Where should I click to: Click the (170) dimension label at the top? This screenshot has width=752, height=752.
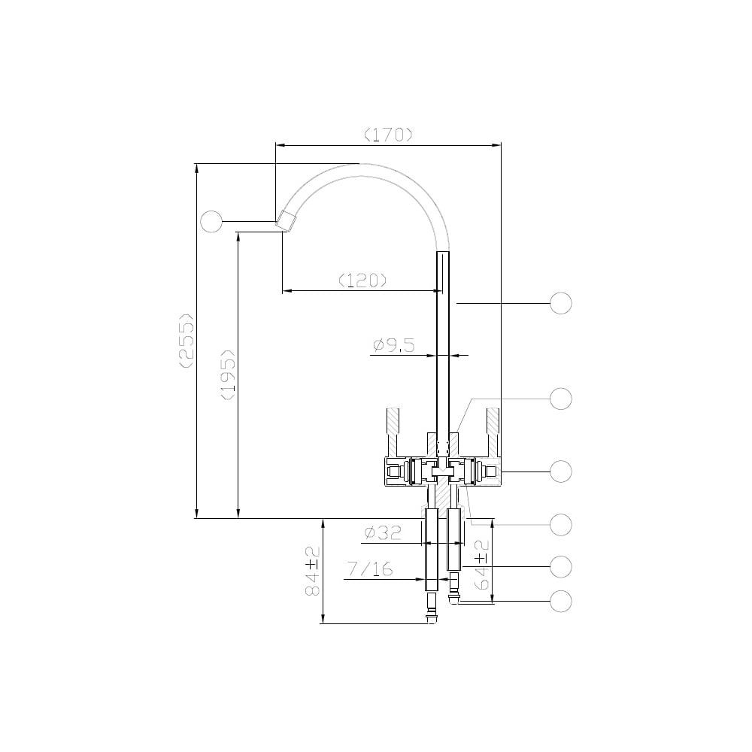click(388, 135)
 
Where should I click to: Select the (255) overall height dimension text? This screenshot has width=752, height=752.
click(186, 341)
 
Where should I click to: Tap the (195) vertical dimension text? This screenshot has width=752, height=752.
click(228, 374)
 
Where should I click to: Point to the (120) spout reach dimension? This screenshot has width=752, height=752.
click(362, 280)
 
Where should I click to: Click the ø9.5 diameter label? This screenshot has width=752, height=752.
click(394, 345)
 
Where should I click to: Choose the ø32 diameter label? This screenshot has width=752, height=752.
click(382, 533)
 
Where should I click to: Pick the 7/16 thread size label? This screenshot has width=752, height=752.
click(370, 569)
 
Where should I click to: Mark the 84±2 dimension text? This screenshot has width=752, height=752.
click(313, 571)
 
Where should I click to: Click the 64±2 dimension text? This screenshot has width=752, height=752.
click(481, 565)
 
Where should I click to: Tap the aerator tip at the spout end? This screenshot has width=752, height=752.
click(287, 221)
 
